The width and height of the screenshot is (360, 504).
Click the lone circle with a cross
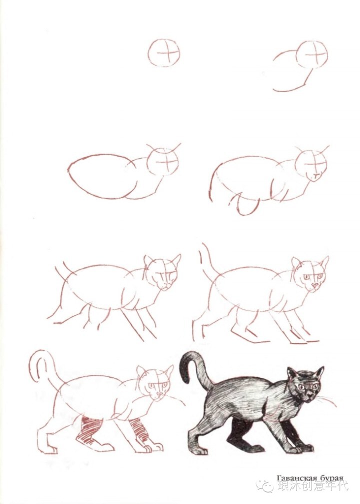coord(164,53)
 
